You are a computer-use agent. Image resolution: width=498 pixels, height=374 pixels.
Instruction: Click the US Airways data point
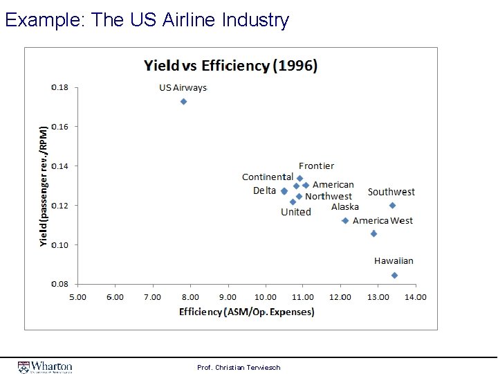(183, 101)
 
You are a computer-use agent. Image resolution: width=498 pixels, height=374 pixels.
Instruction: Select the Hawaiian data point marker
(394, 275)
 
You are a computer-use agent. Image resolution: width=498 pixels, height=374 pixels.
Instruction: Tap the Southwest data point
(392, 205)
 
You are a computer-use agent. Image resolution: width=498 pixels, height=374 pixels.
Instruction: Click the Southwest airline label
(391, 192)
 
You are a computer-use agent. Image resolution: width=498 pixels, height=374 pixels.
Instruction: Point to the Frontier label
(316, 166)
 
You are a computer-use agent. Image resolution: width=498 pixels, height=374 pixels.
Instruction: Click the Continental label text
(267, 177)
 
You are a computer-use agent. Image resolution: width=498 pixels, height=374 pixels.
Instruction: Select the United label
(295, 212)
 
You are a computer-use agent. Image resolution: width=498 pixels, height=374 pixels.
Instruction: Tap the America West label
(382, 221)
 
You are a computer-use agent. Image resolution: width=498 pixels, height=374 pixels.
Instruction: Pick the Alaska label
(344, 206)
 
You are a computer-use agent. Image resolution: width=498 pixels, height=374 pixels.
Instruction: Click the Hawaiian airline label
(394, 261)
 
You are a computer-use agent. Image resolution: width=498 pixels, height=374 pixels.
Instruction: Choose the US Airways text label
(183, 88)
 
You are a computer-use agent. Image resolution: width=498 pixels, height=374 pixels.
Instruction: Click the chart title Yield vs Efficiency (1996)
(230, 66)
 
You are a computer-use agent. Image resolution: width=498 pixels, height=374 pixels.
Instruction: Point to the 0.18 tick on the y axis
(60, 87)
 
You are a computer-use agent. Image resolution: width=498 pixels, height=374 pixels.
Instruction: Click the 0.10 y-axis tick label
(60, 244)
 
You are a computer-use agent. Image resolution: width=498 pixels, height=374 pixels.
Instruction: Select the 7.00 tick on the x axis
(152, 297)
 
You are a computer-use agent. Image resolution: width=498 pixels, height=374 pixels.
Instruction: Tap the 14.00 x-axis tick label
(415, 297)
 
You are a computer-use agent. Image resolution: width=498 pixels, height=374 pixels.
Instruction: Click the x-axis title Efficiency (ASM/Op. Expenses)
(246, 312)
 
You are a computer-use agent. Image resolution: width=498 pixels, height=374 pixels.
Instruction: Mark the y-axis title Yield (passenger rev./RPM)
(44, 186)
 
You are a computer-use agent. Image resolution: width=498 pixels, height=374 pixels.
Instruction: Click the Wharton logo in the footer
(46, 366)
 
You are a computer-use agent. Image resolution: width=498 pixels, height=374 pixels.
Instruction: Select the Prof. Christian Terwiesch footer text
(239, 367)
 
